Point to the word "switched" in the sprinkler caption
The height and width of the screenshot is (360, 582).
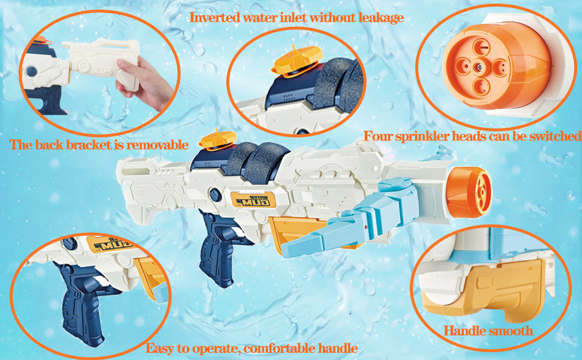pos(555,136)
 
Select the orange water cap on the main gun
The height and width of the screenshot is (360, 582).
pos(218,140)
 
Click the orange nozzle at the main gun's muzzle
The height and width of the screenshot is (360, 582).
pos(469,192)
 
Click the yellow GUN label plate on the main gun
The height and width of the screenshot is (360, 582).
pos(253,200)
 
